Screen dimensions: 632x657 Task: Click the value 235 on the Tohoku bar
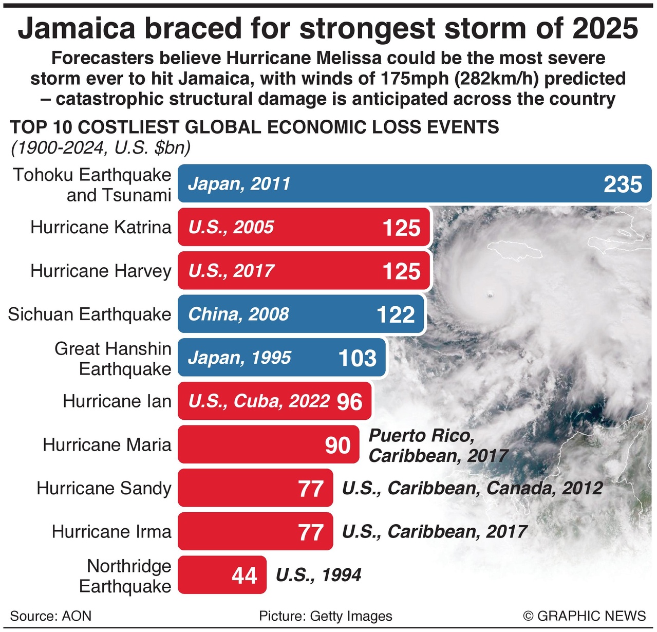click(x=623, y=184)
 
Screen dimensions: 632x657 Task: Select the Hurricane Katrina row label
click(x=101, y=227)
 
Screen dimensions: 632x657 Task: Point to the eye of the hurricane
click(x=490, y=295)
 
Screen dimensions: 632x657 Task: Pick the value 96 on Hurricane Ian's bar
click(x=350, y=401)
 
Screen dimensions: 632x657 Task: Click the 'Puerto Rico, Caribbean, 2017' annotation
click(x=438, y=445)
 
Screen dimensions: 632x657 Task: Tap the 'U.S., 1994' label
click(x=318, y=575)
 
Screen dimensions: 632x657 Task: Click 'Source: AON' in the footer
click(x=50, y=616)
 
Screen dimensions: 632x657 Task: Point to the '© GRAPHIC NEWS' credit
click(x=584, y=616)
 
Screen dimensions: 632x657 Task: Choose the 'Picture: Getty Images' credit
click(x=325, y=616)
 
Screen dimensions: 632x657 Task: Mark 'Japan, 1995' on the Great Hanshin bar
click(x=239, y=358)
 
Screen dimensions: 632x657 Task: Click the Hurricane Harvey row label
click(x=101, y=271)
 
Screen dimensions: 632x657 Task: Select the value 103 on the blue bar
click(x=358, y=358)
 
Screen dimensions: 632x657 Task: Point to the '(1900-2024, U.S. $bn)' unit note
click(x=101, y=148)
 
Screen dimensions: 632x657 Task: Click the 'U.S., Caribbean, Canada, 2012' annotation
click(x=472, y=488)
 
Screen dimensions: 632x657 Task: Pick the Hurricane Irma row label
click(x=111, y=531)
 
